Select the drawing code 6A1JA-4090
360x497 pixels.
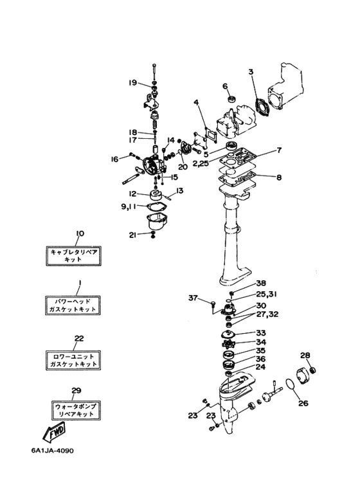(x=53, y=451)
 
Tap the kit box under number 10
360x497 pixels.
(x=73, y=255)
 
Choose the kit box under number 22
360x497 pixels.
(x=73, y=360)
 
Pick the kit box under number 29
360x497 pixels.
(x=76, y=410)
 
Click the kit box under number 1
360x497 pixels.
(x=73, y=305)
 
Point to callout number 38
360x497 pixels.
(x=262, y=284)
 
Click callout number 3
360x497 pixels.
(x=251, y=71)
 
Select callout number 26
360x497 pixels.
(x=303, y=403)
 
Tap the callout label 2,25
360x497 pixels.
(x=201, y=163)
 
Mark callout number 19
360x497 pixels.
(x=132, y=83)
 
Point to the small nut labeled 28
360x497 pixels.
(x=313, y=370)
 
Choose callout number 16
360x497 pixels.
(x=114, y=159)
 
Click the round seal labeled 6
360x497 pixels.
(x=232, y=98)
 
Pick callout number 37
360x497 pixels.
(x=193, y=298)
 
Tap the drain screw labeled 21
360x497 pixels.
(x=153, y=235)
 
